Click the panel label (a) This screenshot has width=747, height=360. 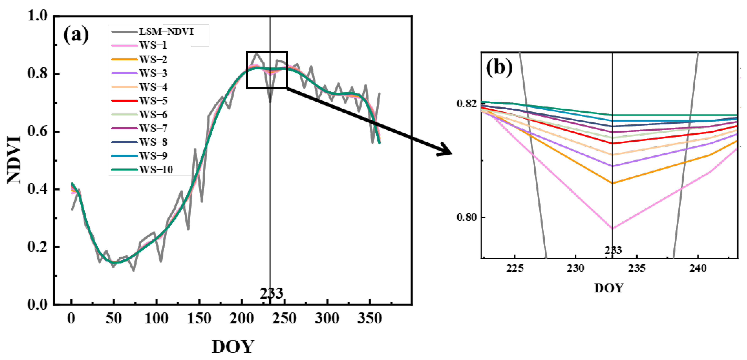[76, 35]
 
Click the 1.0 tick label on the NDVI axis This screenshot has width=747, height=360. [37, 16]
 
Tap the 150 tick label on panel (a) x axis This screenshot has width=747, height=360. [199, 318]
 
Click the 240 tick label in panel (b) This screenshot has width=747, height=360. [698, 268]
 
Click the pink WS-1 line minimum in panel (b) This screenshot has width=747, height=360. [612, 229]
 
